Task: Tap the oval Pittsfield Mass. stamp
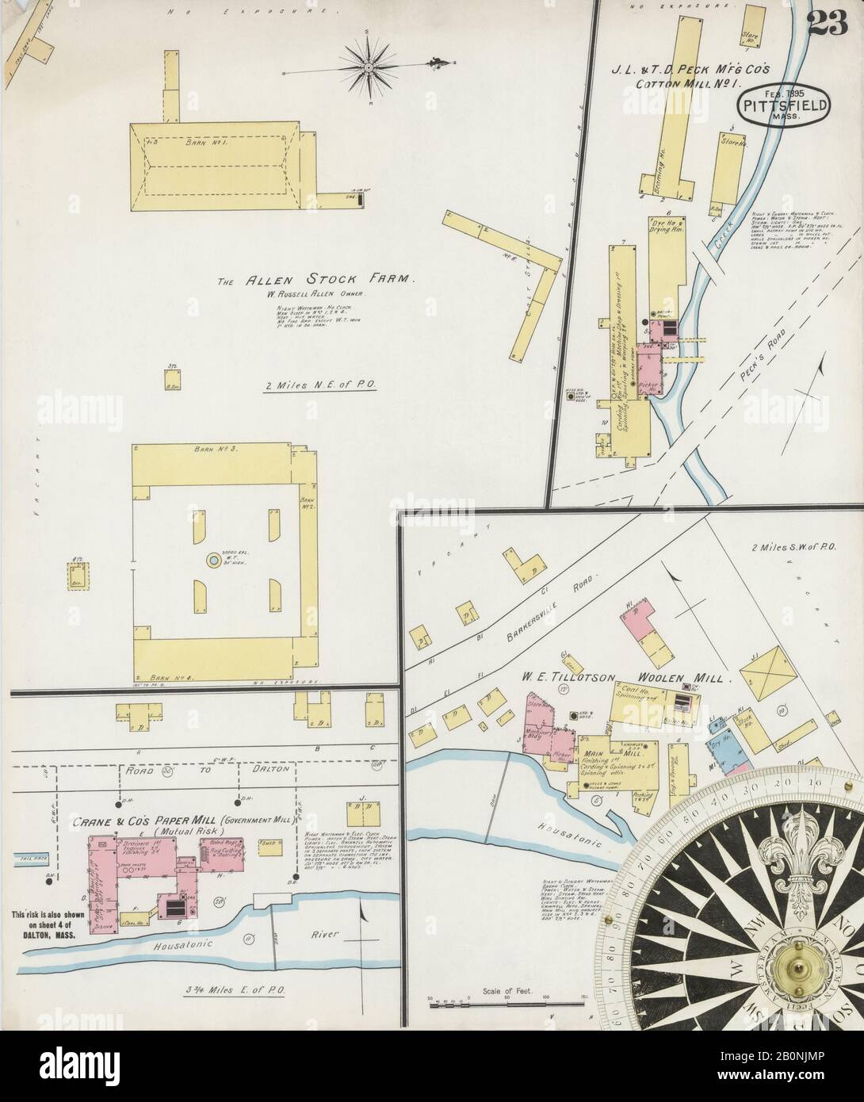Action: point(785,104)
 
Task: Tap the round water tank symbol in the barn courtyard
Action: point(214,561)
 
